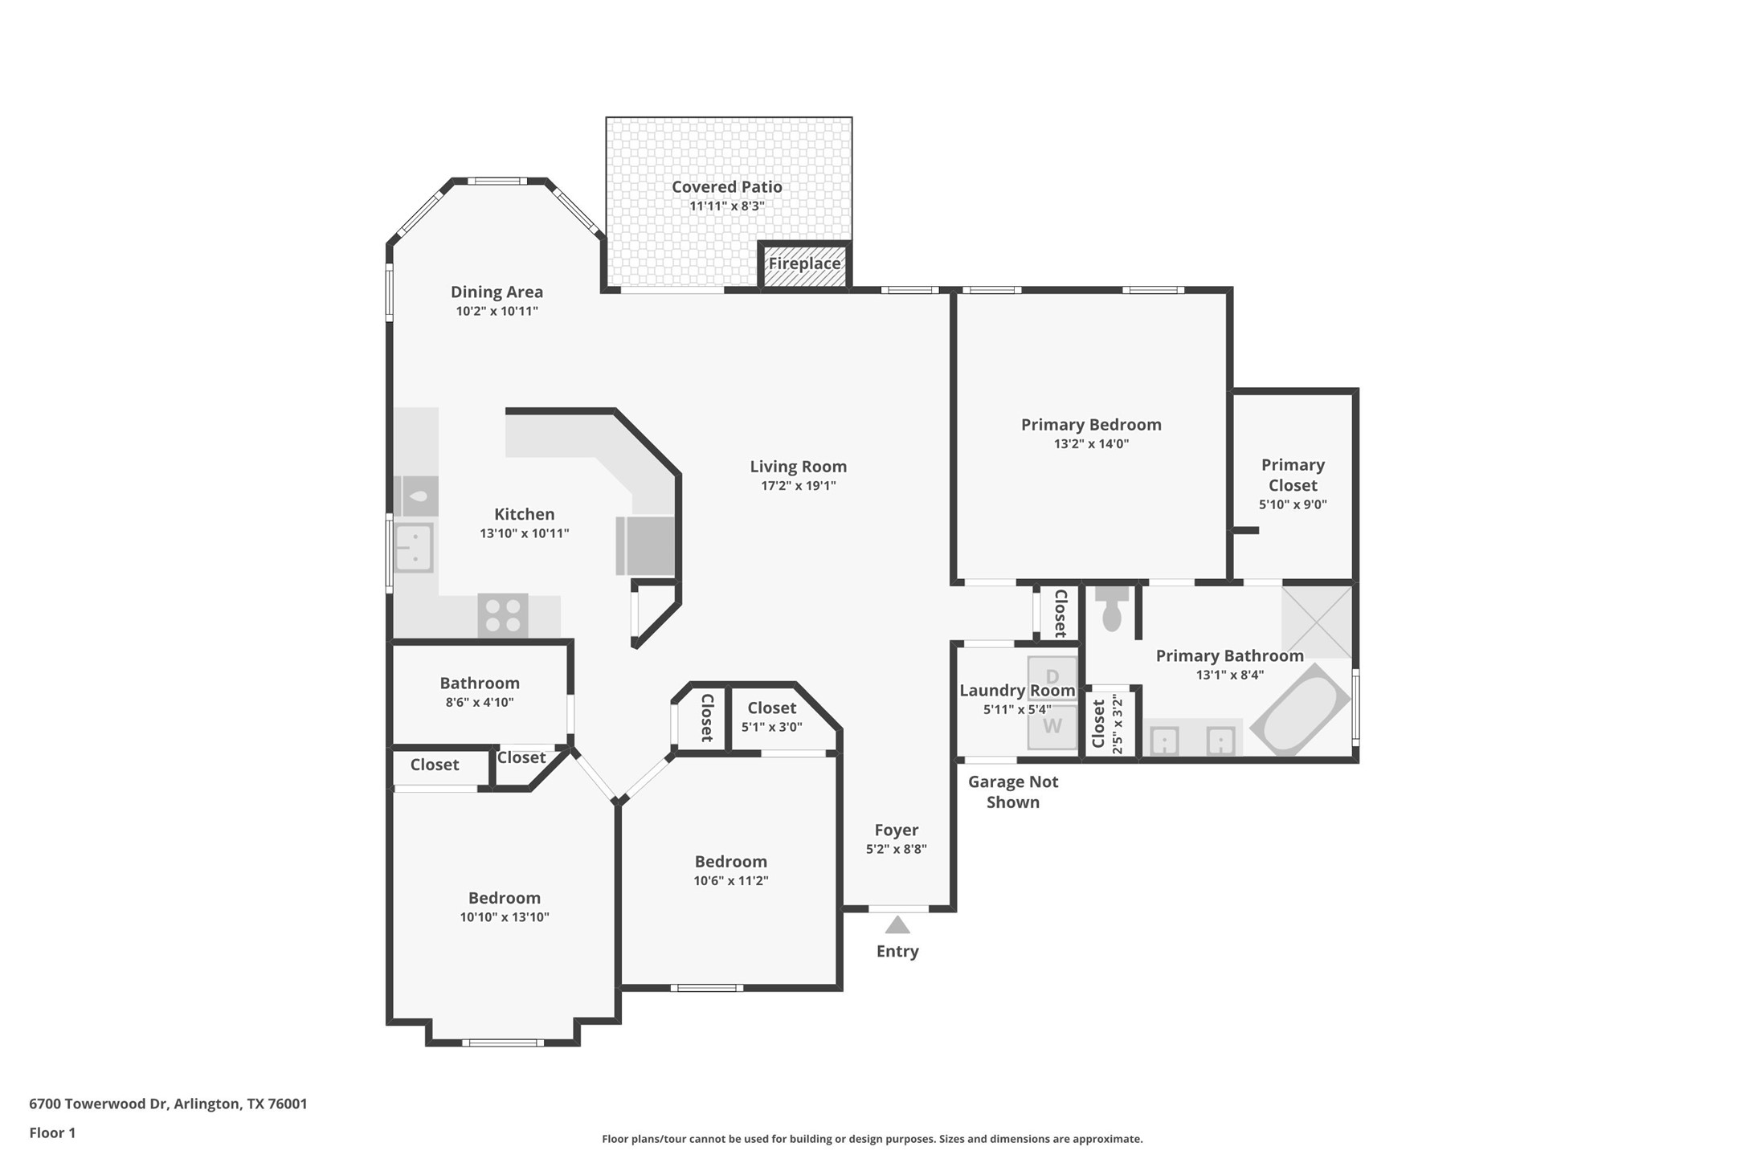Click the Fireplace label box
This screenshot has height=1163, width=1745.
click(804, 264)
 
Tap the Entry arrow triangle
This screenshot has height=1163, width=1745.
click(897, 926)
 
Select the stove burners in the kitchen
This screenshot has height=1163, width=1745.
click(503, 616)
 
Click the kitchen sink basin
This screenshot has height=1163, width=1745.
click(414, 547)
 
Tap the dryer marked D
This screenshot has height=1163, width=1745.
click(1052, 676)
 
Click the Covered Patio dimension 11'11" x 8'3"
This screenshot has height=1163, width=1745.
click(726, 206)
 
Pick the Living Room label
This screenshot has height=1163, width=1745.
click(798, 467)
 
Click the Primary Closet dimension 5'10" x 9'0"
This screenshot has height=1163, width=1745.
click(1292, 505)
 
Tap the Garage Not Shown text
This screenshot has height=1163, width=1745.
click(1012, 792)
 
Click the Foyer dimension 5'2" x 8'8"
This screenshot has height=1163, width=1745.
click(896, 849)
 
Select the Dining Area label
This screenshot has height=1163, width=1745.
click(497, 292)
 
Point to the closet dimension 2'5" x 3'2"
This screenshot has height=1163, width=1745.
click(1116, 724)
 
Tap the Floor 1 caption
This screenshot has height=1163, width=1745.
click(52, 1133)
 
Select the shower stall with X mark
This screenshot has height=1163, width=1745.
click(1316, 622)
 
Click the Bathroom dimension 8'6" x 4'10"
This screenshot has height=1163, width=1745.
click(480, 702)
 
